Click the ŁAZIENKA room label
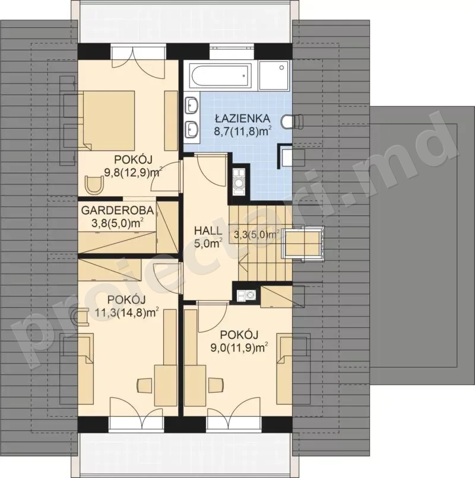242,117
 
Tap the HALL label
208,231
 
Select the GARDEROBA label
118,211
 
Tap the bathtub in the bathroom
221,75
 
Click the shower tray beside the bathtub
273,75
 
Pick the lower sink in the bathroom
192,129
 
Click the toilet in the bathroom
293,121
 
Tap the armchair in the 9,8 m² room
94,185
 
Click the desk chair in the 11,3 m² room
144,385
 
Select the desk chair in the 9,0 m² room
216,385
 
